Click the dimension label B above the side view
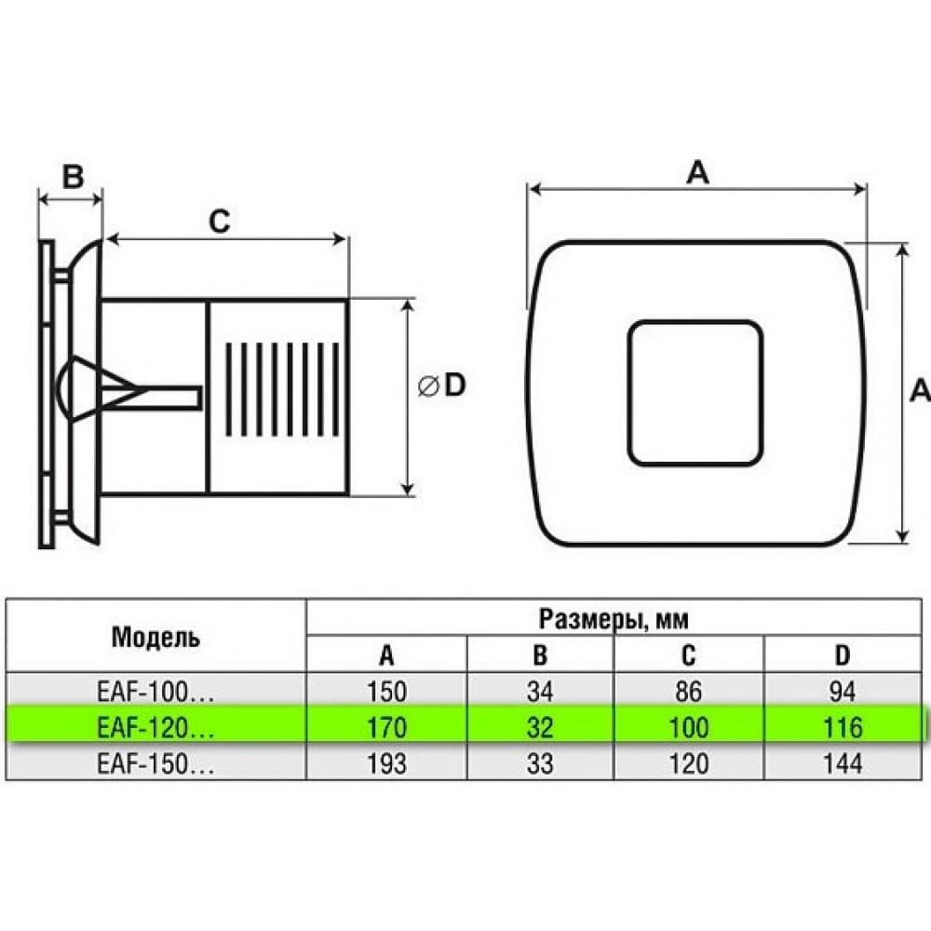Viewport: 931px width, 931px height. pyautogui.click(x=73, y=176)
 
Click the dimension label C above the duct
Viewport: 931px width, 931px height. pyautogui.click(x=219, y=222)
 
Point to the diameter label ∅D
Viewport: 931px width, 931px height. pyautogui.click(x=441, y=386)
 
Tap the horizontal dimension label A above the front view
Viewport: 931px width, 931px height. pyautogui.click(x=697, y=173)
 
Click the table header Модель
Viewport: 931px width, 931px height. pyautogui.click(x=155, y=637)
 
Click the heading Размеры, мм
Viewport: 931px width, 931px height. pyautogui.click(x=614, y=619)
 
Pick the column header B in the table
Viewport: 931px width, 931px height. pyautogui.click(x=540, y=654)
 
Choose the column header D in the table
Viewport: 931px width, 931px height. pyautogui.click(x=842, y=654)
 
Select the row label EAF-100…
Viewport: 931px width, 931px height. pyautogui.click(x=155, y=692)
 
